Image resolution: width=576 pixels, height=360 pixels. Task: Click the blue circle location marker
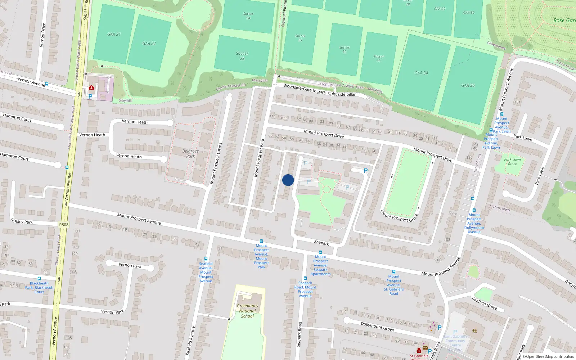(288, 180)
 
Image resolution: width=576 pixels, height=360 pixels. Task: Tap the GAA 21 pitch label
(114, 34)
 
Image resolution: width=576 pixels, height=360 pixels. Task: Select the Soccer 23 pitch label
(242, 56)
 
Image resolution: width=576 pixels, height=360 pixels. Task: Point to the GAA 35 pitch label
(468, 85)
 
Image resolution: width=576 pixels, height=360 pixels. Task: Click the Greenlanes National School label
(247, 311)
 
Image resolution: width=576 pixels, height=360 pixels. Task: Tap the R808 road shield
(64, 225)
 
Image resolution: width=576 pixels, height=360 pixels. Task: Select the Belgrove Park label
(190, 154)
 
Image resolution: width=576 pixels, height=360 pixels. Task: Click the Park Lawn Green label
(512, 162)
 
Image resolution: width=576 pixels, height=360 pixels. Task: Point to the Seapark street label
(321, 243)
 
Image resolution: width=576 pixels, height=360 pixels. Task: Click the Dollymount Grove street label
(377, 327)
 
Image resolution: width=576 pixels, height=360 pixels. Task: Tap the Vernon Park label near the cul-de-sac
(130, 266)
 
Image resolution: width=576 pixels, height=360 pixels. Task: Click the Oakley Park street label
(22, 221)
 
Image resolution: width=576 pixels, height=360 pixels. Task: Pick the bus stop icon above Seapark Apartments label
(320, 252)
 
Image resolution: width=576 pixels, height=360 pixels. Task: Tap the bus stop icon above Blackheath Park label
(39, 279)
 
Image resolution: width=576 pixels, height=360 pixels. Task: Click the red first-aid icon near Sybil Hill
(91, 87)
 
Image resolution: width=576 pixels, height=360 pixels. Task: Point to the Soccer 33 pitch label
(378, 58)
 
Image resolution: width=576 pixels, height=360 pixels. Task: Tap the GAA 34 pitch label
(421, 73)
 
